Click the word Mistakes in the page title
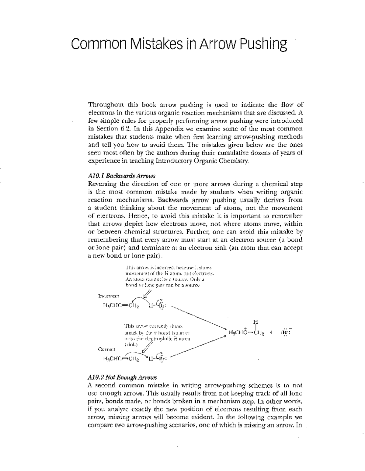pos(157,44)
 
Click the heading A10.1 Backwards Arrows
pos(122,176)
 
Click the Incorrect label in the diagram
pos(109,296)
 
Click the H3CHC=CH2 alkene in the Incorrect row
pos(121,306)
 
